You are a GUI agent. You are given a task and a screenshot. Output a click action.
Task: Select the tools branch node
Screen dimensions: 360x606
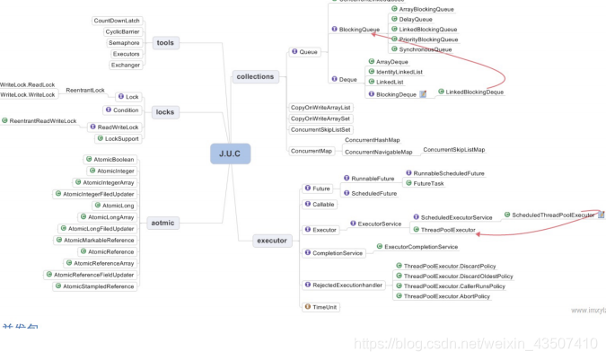click(165, 42)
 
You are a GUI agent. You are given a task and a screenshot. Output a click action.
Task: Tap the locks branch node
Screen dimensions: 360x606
click(165, 112)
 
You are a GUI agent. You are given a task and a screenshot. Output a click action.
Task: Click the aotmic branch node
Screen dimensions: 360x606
click(162, 223)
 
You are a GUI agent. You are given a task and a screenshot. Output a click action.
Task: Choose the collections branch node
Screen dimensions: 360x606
click(255, 76)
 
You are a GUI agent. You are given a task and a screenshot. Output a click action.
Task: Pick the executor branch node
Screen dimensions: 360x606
click(271, 241)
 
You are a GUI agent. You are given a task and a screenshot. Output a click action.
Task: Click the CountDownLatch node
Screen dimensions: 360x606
click(117, 21)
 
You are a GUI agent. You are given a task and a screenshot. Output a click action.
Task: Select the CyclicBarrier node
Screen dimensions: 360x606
click(122, 31)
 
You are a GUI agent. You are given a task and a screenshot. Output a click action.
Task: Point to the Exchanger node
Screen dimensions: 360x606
click(125, 65)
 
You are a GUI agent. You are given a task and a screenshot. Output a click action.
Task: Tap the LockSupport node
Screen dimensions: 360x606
click(121, 138)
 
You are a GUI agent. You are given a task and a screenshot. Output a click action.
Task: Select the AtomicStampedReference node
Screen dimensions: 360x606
click(99, 286)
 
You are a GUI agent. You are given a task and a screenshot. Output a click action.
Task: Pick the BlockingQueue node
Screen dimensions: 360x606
click(359, 30)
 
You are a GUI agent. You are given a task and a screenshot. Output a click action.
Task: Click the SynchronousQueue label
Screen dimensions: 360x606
click(426, 49)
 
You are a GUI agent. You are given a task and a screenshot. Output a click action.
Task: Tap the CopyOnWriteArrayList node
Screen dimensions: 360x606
click(321, 108)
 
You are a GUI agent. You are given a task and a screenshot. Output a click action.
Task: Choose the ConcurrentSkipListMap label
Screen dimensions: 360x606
click(453, 149)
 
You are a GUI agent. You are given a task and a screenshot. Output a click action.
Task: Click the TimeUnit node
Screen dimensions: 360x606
click(325, 307)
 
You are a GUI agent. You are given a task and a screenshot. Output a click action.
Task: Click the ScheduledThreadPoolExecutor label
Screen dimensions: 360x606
click(553, 215)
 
